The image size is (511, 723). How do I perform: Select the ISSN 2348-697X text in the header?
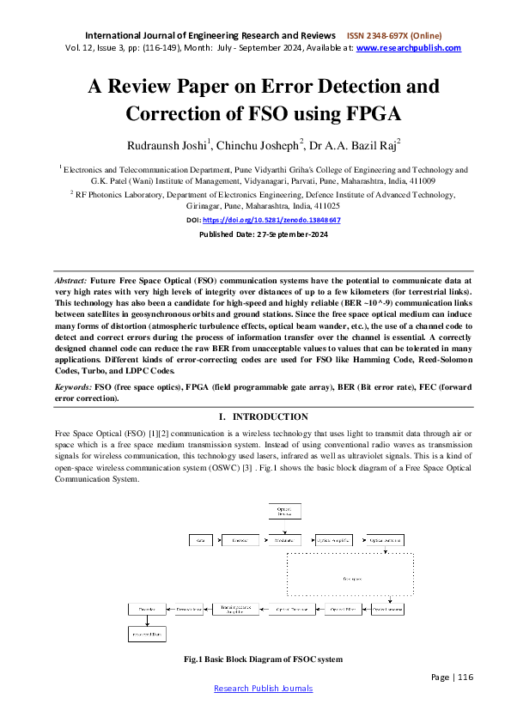click(393, 36)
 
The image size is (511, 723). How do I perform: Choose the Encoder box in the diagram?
click(240, 541)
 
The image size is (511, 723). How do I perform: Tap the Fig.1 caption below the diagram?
click(263, 659)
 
